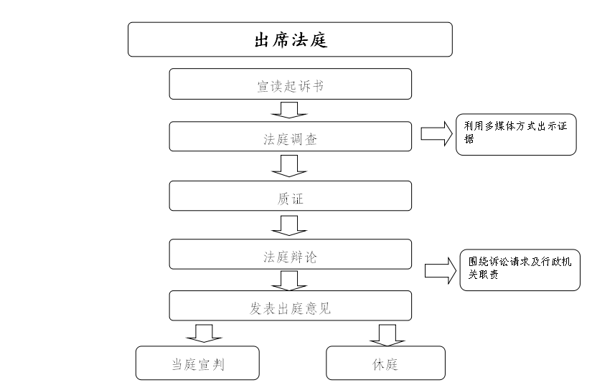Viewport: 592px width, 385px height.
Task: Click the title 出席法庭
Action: (x=291, y=40)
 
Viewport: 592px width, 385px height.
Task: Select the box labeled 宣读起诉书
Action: (x=291, y=84)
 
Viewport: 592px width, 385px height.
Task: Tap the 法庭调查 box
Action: (x=291, y=136)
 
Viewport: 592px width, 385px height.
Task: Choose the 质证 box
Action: (x=291, y=196)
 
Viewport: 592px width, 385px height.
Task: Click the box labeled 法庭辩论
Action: (x=291, y=254)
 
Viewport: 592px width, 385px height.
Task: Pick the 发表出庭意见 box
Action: (x=291, y=306)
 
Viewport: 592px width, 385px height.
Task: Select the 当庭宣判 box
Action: (x=197, y=363)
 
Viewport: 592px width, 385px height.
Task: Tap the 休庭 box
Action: (x=385, y=363)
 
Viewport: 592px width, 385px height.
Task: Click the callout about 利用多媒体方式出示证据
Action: (x=516, y=135)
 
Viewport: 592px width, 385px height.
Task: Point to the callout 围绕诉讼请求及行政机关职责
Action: (x=520, y=270)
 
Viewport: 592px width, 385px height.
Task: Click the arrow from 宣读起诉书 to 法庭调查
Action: (x=289, y=110)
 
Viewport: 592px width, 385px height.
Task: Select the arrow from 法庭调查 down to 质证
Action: (x=289, y=166)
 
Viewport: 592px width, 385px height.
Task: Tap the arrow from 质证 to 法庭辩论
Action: (x=289, y=226)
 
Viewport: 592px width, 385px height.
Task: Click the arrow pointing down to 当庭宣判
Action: (x=205, y=333)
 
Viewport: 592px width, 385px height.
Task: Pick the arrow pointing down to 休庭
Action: (x=387, y=335)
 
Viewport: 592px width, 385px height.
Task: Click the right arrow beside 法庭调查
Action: (x=437, y=133)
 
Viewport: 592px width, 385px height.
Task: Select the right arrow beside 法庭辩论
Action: (x=441, y=271)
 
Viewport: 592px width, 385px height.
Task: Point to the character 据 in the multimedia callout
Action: (x=469, y=139)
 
